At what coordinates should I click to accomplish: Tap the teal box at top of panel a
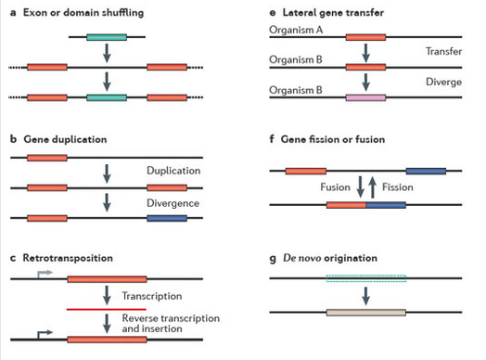click(107, 38)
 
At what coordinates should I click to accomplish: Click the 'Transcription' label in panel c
click(151, 295)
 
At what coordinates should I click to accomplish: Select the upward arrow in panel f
click(373, 186)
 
